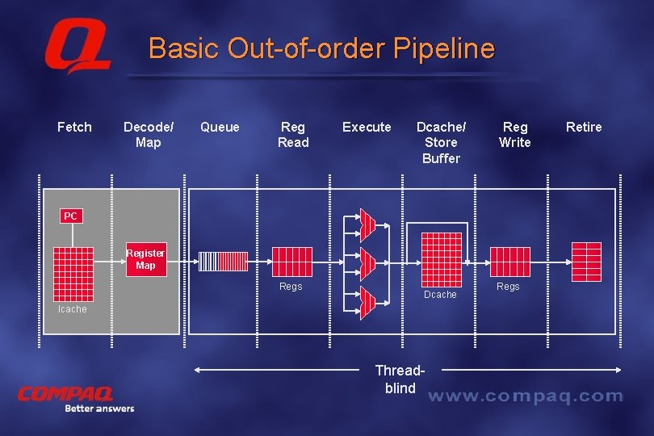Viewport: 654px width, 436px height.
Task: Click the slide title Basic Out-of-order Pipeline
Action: pyautogui.click(x=321, y=48)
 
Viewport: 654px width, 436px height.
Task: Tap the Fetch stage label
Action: pyautogui.click(x=74, y=127)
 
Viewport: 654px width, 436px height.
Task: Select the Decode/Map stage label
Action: pyautogui.click(x=149, y=134)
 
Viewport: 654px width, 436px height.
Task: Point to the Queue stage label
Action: pyautogui.click(x=220, y=127)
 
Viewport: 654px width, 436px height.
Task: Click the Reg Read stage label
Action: pyautogui.click(x=293, y=134)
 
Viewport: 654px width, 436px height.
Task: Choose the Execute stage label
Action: pyautogui.click(x=367, y=127)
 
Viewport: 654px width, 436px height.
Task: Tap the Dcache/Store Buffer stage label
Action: pyautogui.click(x=441, y=142)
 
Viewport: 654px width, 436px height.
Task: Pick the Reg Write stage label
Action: pyautogui.click(x=515, y=134)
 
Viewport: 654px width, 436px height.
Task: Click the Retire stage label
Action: pyautogui.click(x=584, y=127)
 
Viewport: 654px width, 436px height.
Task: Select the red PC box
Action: pyautogui.click(x=71, y=216)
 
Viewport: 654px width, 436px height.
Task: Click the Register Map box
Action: pyautogui.click(x=145, y=259)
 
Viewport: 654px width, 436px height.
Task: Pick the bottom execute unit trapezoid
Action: pyautogui.click(x=367, y=303)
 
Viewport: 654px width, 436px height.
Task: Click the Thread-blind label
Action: pyautogui.click(x=399, y=379)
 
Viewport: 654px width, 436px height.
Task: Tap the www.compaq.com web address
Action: pyautogui.click(x=525, y=396)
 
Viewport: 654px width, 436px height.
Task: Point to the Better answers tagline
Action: pyautogui.click(x=99, y=409)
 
